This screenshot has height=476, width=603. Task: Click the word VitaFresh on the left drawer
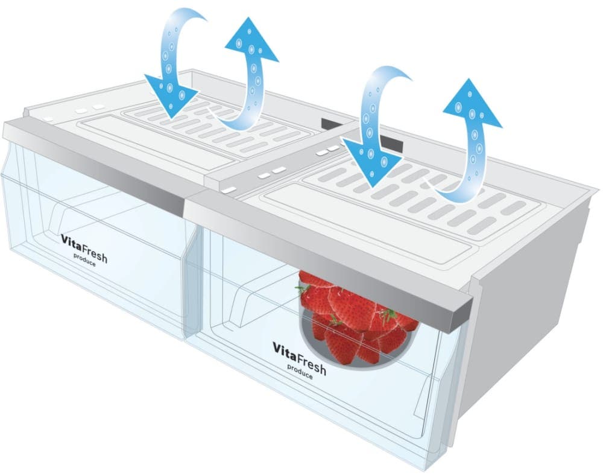(x=84, y=248)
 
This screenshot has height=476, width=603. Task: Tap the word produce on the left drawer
(x=84, y=260)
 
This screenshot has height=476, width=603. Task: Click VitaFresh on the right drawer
(x=300, y=358)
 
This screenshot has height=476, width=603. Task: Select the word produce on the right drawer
(x=300, y=372)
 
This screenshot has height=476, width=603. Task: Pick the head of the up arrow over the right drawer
(x=472, y=103)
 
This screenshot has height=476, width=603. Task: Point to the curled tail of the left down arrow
(x=185, y=17)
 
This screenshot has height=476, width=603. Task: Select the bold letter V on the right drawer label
(x=277, y=347)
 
